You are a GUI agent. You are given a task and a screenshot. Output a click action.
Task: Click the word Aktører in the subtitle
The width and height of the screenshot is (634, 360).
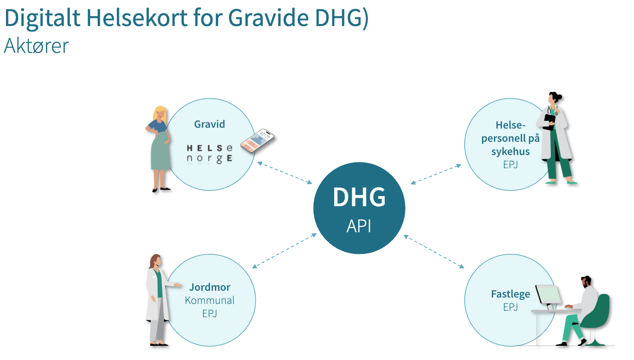[x=36, y=46]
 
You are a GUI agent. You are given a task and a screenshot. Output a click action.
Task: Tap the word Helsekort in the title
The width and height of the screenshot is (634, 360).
[x=137, y=18]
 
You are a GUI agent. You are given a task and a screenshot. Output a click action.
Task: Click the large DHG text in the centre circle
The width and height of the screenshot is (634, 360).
[x=359, y=197]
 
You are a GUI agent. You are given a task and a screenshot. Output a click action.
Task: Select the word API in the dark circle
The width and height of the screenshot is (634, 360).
[x=359, y=226]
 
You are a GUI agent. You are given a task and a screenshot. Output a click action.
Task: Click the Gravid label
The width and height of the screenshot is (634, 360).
[x=209, y=124]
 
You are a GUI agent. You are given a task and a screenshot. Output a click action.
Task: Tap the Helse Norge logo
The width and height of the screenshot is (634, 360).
[x=209, y=154]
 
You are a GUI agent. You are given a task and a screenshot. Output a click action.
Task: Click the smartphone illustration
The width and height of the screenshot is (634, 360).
[x=257, y=141]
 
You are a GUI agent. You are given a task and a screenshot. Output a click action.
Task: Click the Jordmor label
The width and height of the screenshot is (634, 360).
[x=210, y=287]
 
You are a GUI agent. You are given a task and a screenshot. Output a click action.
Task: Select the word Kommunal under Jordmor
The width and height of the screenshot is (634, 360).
[x=210, y=300]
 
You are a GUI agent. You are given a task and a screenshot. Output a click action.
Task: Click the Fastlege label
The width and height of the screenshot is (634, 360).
[x=511, y=294]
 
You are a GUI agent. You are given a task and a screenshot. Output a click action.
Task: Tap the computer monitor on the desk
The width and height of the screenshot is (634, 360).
[x=548, y=296]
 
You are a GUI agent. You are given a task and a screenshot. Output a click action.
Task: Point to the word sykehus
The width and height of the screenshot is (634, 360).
[x=510, y=151]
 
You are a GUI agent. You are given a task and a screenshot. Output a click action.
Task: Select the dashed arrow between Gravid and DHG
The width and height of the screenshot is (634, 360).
[x=285, y=173]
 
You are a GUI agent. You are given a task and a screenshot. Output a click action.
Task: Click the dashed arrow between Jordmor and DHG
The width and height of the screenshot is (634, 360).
[x=285, y=250]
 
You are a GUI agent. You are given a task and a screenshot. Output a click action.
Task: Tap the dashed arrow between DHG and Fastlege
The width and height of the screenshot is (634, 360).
[x=433, y=251]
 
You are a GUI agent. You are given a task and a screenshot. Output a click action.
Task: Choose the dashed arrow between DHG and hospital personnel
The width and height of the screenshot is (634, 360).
[x=436, y=174]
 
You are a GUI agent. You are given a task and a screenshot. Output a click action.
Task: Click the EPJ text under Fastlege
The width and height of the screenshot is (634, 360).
[x=511, y=307]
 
